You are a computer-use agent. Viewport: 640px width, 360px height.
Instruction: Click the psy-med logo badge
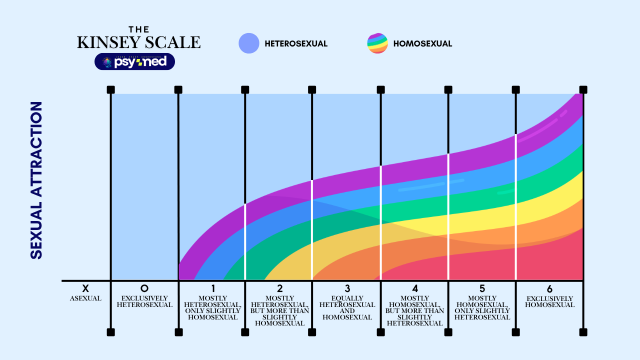pyautogui.click(x=134, y=61)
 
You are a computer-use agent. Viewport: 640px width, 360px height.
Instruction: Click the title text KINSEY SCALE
pyautogui.click(x=138, y=43)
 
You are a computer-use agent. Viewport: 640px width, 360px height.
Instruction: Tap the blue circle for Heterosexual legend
pyautogui.click(x=249, y=43)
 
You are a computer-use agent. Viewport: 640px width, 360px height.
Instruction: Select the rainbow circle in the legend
pyautogui.click(x=377, y=43)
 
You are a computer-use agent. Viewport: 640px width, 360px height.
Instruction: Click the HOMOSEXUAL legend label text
pyautogui.click(x=422, y=43)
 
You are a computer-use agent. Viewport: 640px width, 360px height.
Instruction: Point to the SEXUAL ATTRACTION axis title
pyautogui.click(x=36, y=180)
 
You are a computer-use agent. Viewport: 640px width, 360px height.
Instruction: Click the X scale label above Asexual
pyautogui.click(x=85, y=288)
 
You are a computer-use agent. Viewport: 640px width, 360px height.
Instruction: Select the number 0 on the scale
pyautogui.click(x=144, y=288)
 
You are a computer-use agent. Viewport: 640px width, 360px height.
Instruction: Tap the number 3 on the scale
pyautogui.click(x=347, y=288)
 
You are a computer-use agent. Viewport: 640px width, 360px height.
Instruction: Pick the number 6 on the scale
pyautogui.click(x=549, y=288)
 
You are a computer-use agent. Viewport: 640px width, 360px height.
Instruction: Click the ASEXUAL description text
pyautogui.click(x=85, y=298)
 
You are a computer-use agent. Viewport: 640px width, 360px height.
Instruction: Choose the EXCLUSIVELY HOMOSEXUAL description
pyautogui.click(x=549, y=301)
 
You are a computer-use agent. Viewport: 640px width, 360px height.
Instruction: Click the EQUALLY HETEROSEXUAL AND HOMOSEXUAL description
pyautogui.click(x=347, y=308)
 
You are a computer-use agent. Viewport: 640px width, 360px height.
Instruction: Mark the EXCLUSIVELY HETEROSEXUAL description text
pyautogui.click(x=144, y=301)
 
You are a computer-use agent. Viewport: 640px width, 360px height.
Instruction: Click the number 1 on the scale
pyautogui.click(x=212, y=288)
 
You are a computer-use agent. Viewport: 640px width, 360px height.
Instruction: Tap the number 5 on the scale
pyautogui.click(x=482, y=288)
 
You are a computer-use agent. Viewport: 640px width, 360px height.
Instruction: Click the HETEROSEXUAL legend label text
pyautogui.click(x=296, y=43)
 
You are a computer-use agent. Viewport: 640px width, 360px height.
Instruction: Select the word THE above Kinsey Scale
pyautogui.click(x=138, y=29)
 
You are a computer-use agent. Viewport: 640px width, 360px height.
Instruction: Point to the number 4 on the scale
pyautogui.click(x=415, y=288)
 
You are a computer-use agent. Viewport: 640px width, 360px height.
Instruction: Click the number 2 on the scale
pyautogui.click(x=279, y=288)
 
